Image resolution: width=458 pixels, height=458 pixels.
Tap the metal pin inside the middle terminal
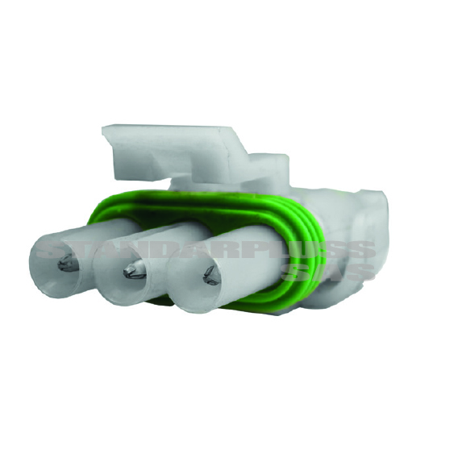pos(131,274)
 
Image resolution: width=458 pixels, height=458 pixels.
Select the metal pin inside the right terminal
pos(211,279)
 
